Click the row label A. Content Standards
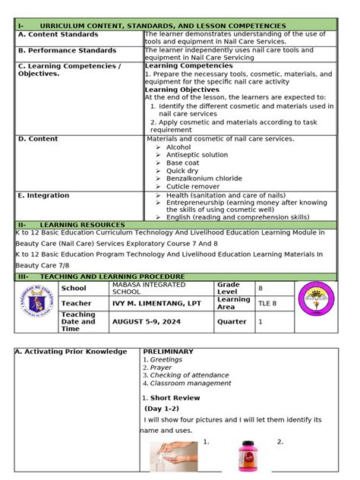tap(58, 35)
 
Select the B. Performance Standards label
tap(67, 51)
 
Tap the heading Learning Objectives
tap(182, 90)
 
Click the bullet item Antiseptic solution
tap(197, 155)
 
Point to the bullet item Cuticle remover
tap(193, 187)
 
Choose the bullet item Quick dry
tap(183, 171)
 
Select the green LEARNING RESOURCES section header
tap(82, 226)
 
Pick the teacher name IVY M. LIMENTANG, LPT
tap(156, 302)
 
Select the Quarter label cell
tap(232, 321)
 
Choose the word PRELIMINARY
tap(168, 352)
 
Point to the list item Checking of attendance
tap(189, 375)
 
